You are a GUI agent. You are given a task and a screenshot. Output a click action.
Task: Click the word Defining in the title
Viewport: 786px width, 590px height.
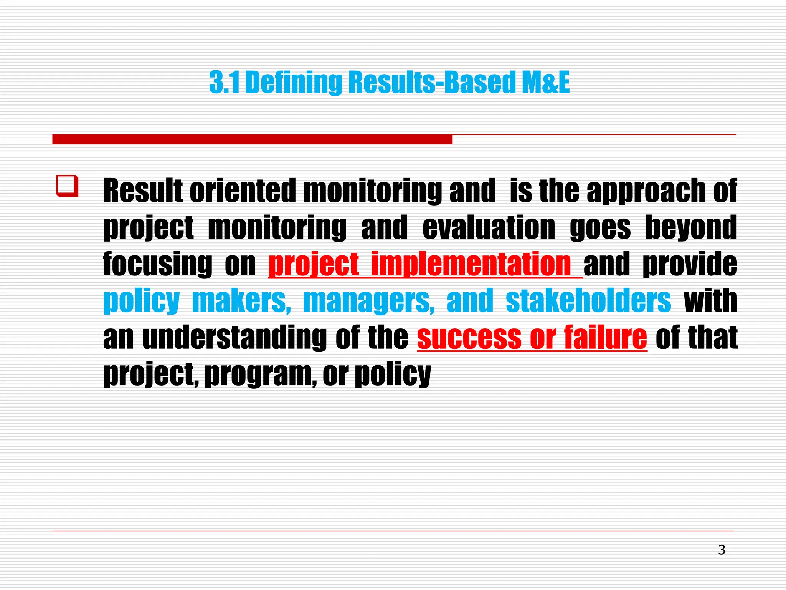point(294,83)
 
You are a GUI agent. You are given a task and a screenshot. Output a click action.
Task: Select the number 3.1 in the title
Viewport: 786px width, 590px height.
point(225,83)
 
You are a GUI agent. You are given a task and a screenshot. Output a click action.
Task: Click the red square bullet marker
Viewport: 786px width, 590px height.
point(68,186)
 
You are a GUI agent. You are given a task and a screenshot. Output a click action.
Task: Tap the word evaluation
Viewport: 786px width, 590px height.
point(489,227)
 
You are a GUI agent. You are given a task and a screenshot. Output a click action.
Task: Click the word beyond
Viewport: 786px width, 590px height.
point(691,227)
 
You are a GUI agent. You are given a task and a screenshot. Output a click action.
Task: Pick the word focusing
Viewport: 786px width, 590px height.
point(157,264)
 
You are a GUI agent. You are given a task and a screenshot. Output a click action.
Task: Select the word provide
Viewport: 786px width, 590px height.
point(690,264)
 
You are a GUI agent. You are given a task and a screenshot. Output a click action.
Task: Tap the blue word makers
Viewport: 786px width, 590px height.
point(241,301)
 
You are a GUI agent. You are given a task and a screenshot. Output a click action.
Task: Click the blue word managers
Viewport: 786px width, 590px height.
point(369,301)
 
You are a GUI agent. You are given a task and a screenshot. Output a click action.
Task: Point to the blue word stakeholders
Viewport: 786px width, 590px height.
point(588,301)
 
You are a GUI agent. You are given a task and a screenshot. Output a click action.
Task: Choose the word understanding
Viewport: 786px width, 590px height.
point(234,337)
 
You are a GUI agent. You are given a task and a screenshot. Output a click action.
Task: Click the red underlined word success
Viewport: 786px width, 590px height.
point(469,337)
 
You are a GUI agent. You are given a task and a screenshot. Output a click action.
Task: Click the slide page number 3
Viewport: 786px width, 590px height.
point(722,550)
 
